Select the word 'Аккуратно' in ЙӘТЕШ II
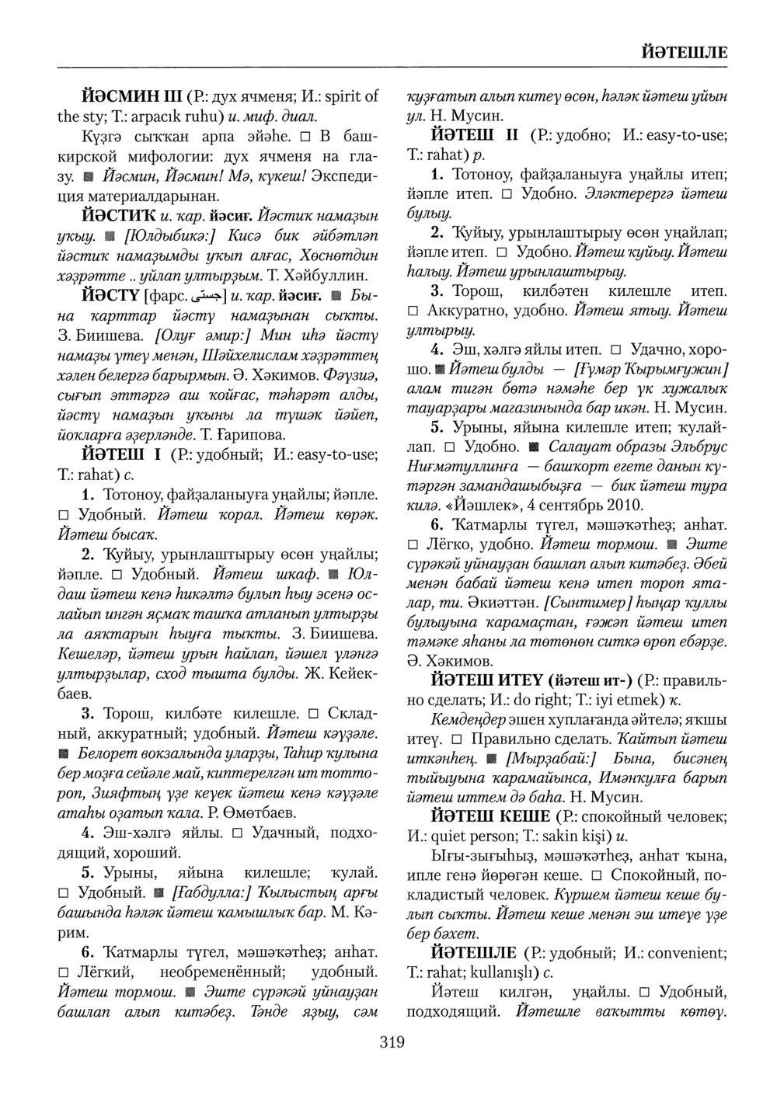click(465, 311)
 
